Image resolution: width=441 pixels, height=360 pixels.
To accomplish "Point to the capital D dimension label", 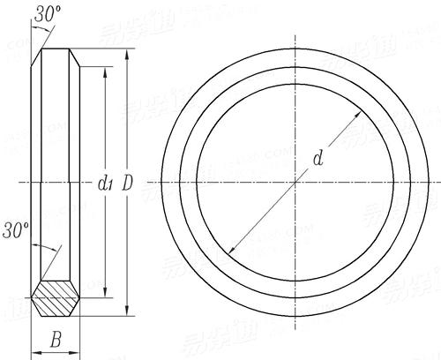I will click(127, 184).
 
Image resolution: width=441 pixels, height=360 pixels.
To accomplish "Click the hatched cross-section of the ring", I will click(56, 299).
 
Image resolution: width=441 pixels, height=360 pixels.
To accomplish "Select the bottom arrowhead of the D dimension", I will click(127, 314).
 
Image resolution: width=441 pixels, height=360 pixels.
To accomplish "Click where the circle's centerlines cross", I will click(295, 183).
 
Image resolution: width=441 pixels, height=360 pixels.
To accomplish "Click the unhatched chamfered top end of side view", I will click(56, 55).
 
